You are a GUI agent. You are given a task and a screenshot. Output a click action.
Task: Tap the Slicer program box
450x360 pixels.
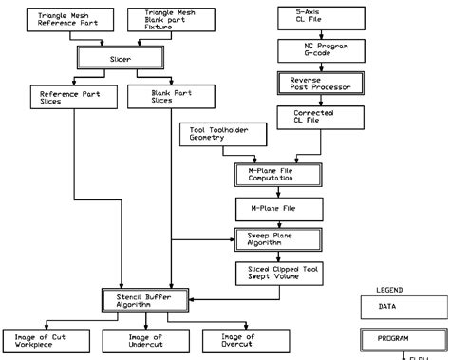(x=107, y=59)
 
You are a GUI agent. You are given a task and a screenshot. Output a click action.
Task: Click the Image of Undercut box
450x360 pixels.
(x=146, y=340)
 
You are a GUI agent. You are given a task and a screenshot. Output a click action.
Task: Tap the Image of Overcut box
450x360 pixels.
(x=237, y=340)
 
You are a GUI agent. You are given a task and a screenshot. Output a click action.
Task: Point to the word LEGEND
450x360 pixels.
(x=390, y=289)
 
